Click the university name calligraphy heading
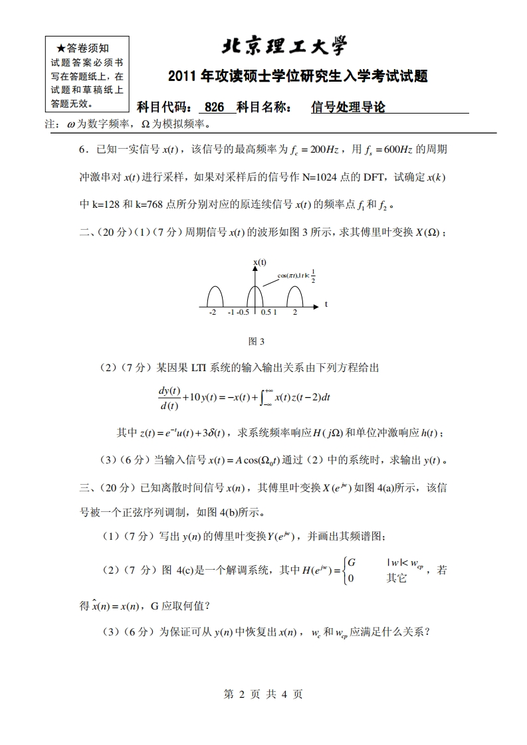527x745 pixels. click(x=284, y=46)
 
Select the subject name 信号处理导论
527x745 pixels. click(x=348, y=108)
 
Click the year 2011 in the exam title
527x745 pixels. click(x=182, y=77)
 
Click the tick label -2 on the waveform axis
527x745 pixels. click(x=212, y=312)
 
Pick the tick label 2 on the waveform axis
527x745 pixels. click(x=294, y=312)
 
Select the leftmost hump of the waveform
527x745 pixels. click(x=215, y=297)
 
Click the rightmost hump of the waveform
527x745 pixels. click(x=294, y=297)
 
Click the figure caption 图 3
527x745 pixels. click(x=256, y=341)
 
